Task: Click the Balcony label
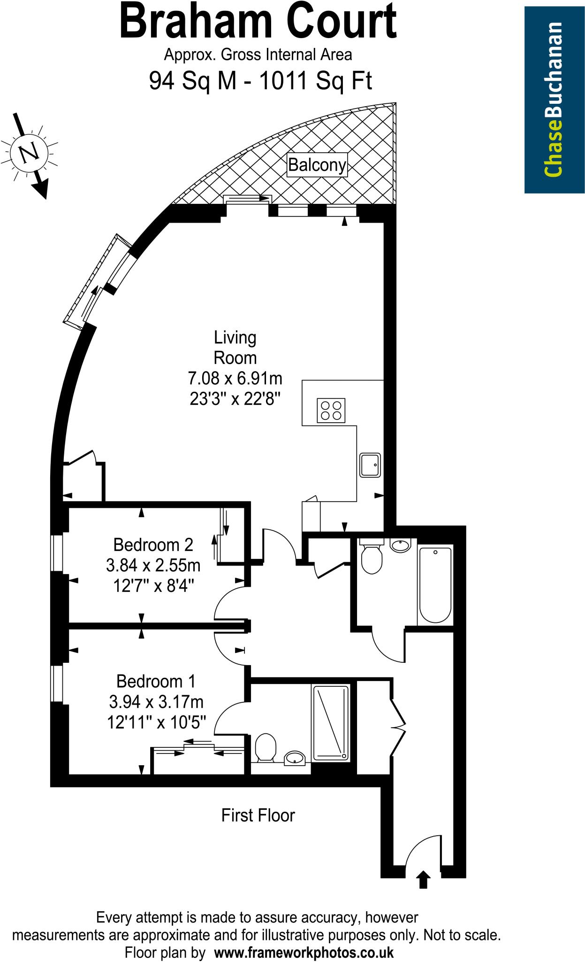(317, 165)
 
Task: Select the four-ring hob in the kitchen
(331, 410)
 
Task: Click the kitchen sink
(370, 465)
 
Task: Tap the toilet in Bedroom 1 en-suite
(266, 747)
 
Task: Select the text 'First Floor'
(258, 815)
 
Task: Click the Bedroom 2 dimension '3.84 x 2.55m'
(153, 565)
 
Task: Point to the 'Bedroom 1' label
(156, 681)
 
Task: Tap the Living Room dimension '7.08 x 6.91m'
(235, 378)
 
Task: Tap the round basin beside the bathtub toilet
(400, 546)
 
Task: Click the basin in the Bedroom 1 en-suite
(295, 757)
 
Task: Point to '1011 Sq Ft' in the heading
(315, 81)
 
